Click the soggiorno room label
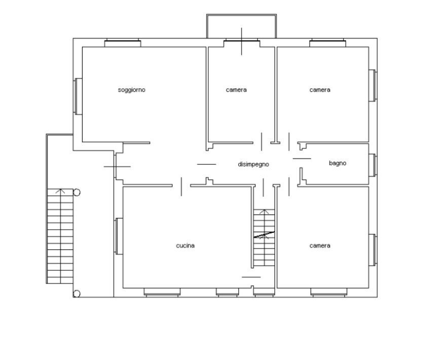click(x=131, y=90)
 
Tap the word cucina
click(x=185, y=245)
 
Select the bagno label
click(x=338, y=163)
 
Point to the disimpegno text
click(x=253, y=164)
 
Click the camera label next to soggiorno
click(x=236, y=90)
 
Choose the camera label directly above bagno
click(x=320, y=90)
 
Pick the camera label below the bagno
click(x=320, y=245)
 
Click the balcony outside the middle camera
click(x=241, y=26)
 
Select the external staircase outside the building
click(x=60, y=236)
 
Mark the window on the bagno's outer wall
click(x=374, y=164)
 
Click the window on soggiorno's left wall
click(x=78, y=96)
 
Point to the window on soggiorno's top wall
click(x=122, y=43)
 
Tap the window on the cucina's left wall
click(x=118, y=236)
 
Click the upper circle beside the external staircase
click(x=77, y=192)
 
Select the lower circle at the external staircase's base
click(x=77, y=293)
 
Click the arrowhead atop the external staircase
click(x=60, y=191)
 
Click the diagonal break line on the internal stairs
click(x=264, y=234)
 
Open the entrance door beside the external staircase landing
click(x=117, y=166)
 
